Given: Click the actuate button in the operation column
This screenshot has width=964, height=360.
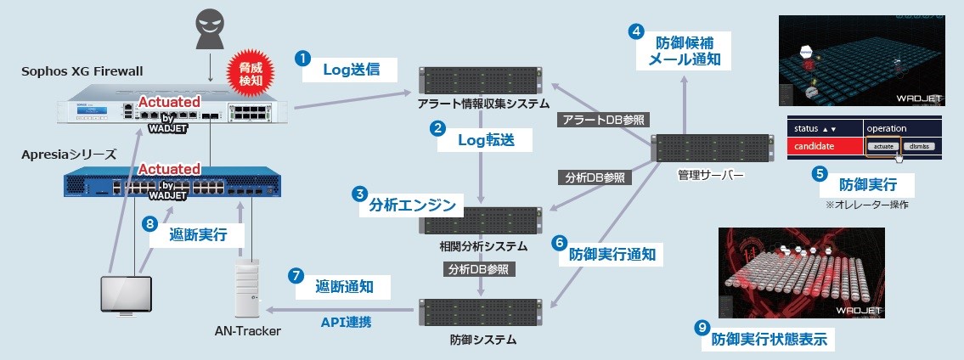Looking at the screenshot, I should pyautogui.click(x=883, y=147).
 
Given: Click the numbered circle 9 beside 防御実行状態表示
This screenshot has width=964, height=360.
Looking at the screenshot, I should pyautogui.click(x=702, y=327).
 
